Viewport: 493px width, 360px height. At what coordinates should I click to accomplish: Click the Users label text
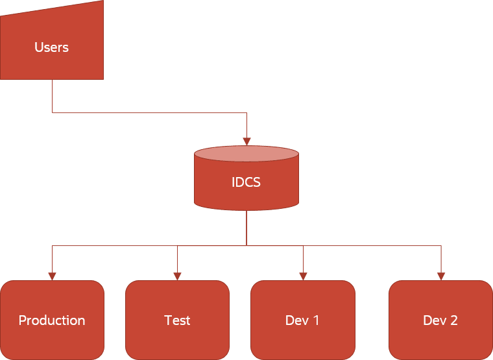tap(51, 47)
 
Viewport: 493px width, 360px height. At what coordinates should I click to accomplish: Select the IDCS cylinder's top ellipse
tap(246, 154)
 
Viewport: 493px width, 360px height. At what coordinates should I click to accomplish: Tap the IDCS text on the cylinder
tap(246, 182)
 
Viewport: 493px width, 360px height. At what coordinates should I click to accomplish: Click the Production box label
tap(52, 320)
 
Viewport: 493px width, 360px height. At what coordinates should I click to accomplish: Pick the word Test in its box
tap(177, 320)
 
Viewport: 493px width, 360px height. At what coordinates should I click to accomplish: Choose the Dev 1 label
tap(302, 320)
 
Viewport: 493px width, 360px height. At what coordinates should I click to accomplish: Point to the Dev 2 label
tap(440, 320)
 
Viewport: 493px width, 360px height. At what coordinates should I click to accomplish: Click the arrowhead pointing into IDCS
tap(246, 141)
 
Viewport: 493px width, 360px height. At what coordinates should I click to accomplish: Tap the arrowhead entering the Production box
tap(52, 276)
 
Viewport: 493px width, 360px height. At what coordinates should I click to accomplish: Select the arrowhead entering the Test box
tap(177, 276)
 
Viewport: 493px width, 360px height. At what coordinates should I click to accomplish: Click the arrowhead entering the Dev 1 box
tap(303, 276)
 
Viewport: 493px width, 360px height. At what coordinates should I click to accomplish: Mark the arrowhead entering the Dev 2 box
tap(441, 276)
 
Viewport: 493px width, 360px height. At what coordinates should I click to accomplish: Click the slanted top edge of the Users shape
tap(52, 8)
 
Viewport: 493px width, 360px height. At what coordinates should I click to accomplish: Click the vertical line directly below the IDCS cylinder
tap(246, 227)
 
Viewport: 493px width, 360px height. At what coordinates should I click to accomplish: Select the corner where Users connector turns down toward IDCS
tap(246, 113)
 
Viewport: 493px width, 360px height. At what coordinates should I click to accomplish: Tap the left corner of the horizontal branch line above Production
tap(52, 246)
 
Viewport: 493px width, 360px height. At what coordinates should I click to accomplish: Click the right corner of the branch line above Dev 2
tap(441, 246)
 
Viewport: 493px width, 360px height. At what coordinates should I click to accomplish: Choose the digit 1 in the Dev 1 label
tap(316, 320)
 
